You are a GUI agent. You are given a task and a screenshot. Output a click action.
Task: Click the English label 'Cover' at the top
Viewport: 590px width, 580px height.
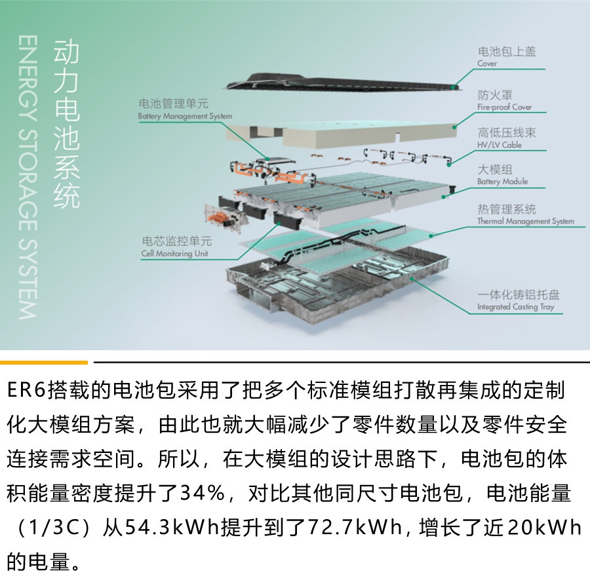coord(487,64)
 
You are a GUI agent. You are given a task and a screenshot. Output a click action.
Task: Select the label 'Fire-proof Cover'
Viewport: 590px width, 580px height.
coord(504,107)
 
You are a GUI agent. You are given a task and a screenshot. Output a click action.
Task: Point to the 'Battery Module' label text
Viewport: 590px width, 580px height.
coord(502,181)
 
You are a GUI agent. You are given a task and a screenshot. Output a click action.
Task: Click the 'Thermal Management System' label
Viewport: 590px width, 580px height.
coord(525,221)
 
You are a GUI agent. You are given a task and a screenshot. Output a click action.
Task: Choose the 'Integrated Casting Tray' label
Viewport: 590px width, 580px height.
coord(516,307)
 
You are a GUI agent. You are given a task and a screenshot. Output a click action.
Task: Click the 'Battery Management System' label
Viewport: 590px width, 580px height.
coord(185,117)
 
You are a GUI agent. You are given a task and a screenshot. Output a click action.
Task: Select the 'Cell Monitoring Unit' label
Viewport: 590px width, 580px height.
coord(174,253)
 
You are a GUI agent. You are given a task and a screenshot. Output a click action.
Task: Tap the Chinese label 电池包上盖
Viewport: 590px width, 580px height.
coord(507,52)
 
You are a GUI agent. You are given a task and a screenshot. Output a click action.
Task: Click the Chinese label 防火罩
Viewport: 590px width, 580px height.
coord(495,95)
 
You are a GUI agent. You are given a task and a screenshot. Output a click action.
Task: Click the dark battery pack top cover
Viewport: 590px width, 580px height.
coord(341,82)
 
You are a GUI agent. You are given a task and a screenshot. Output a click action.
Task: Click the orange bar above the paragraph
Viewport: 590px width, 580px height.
coord(43,361)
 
